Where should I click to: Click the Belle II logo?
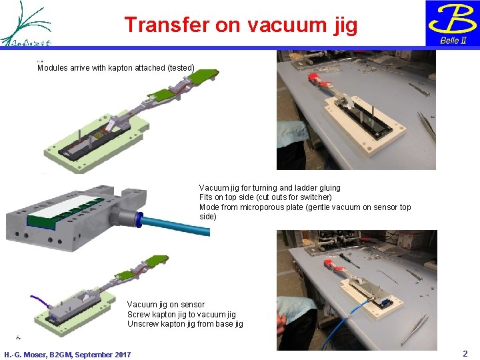[x=452, y=23]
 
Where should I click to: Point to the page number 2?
[x=465, y=353]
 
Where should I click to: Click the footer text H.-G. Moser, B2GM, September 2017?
[x=67, y=355]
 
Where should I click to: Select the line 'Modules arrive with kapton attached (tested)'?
[x=116, y=68]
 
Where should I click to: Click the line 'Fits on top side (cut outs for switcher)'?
[x=265, y=197]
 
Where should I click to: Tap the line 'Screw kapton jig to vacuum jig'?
[x=181, y=315]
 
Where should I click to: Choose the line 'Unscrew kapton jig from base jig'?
[x=185, y=324]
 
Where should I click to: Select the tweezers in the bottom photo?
[x=412, y=330]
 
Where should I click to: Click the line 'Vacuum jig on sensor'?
[x=166, y=305]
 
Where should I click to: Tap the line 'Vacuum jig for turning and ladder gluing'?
[x=269, y=188]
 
